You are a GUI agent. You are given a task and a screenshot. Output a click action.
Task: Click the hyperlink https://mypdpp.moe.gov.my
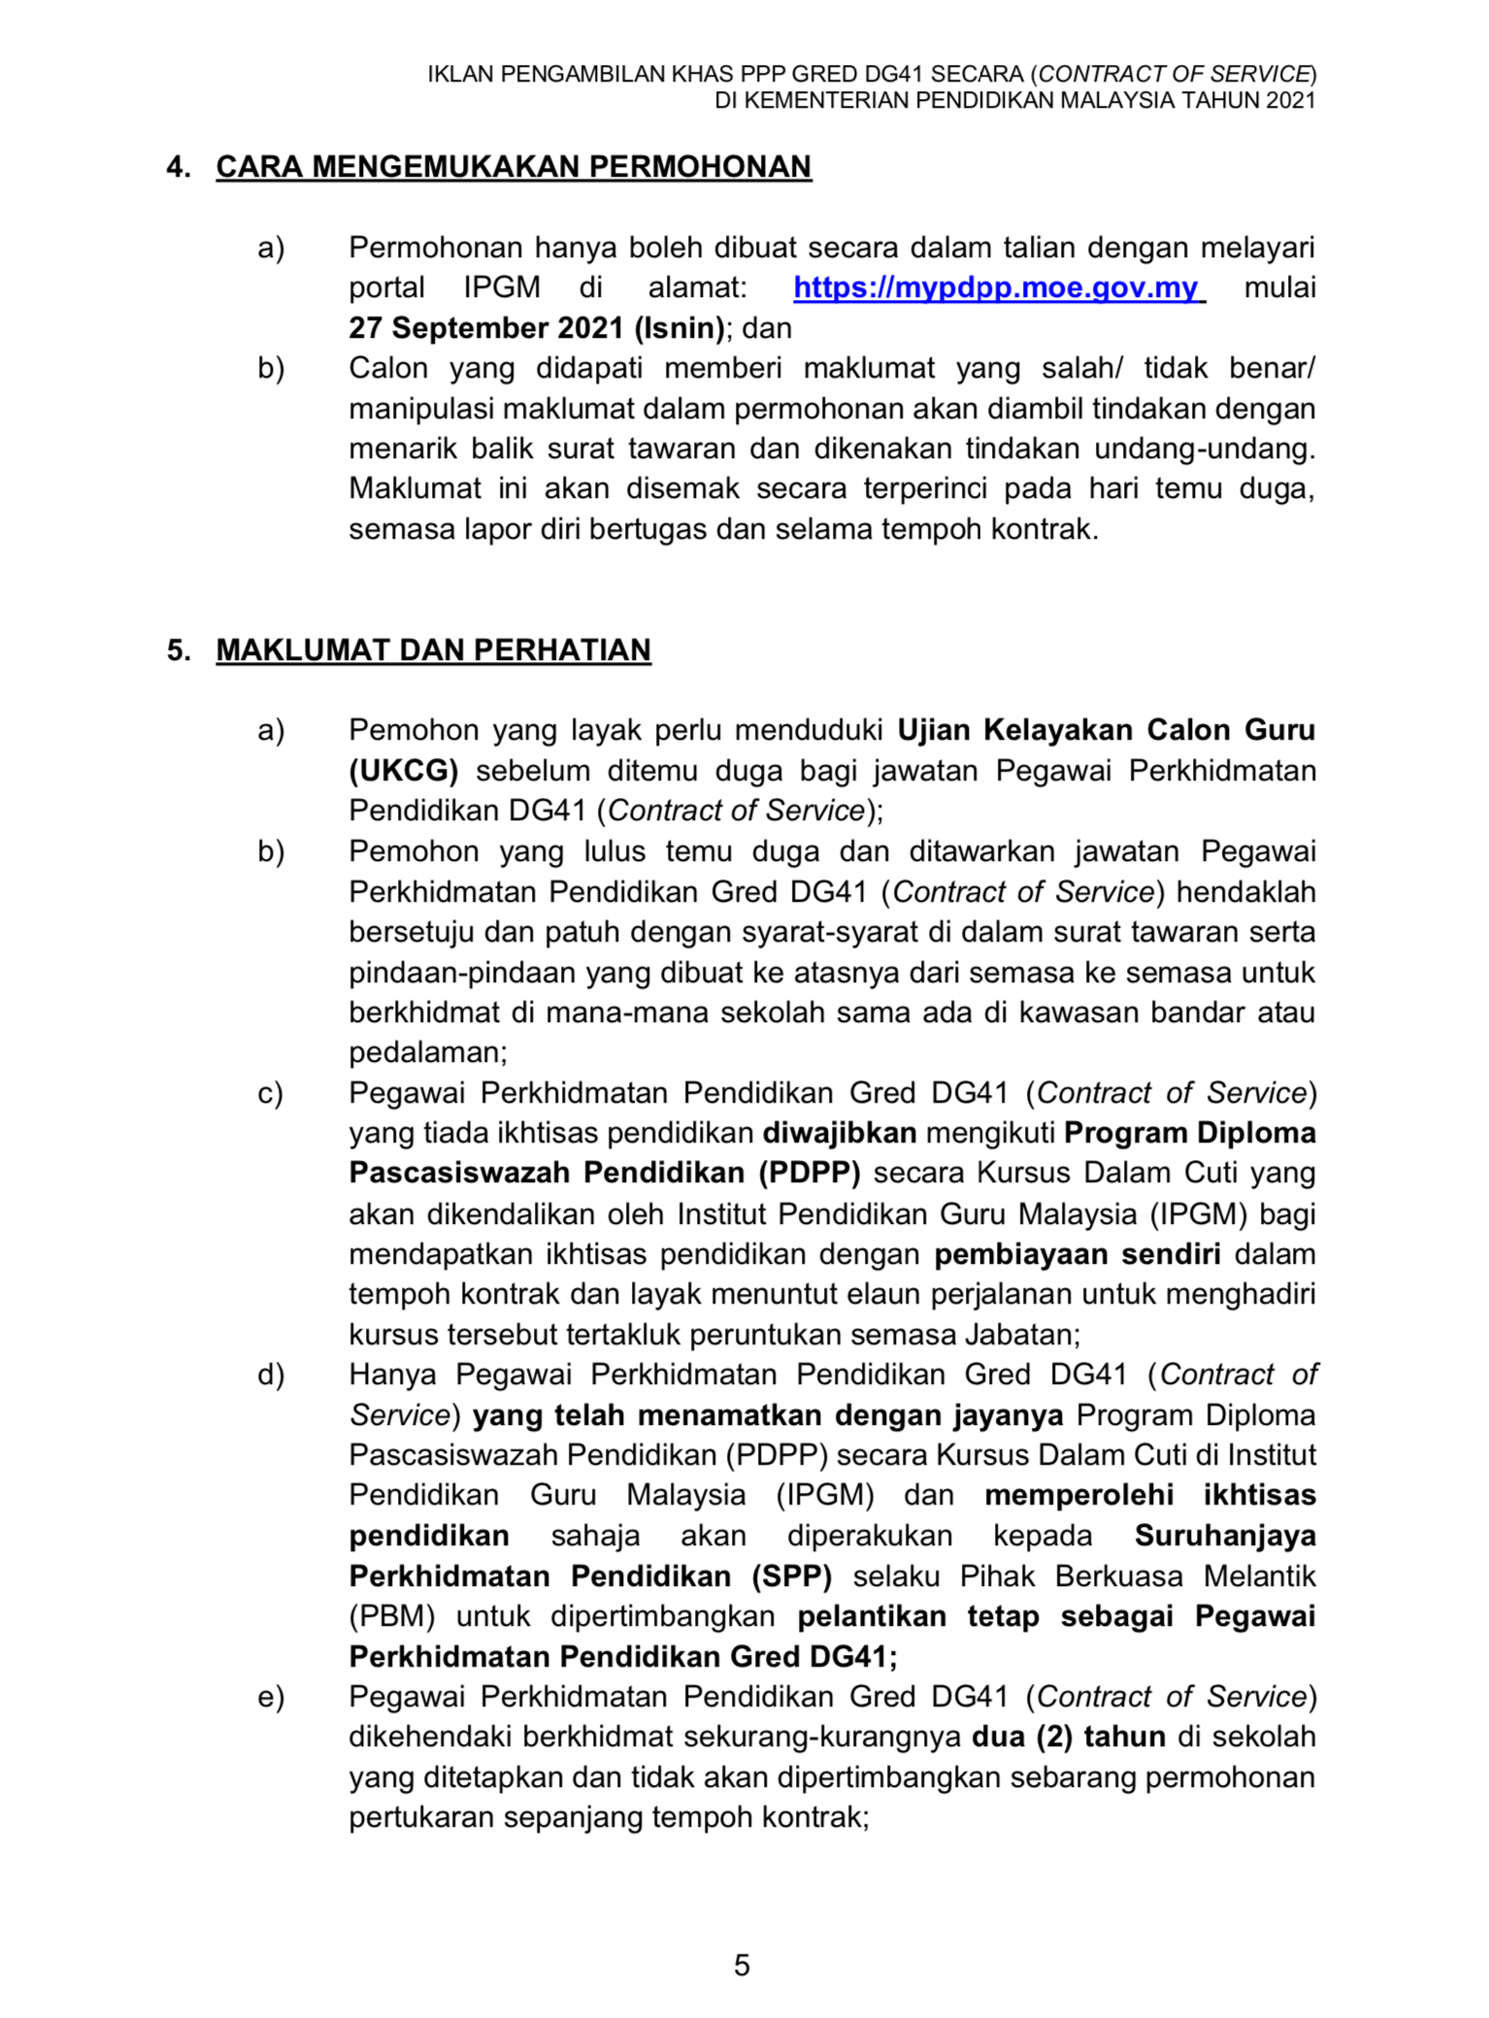point(996,288)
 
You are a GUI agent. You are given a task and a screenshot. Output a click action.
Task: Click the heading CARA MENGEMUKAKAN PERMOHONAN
point(513,167)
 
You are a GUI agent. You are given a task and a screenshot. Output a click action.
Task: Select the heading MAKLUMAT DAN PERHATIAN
point(433,650)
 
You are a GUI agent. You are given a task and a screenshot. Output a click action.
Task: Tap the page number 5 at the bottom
point(743,1966)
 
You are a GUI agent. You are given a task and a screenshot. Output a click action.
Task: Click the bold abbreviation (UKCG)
point(404,771)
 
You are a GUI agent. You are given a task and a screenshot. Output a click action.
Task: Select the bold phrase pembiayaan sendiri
point(1077,1254)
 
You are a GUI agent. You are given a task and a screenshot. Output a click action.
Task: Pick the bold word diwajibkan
point(840,1133)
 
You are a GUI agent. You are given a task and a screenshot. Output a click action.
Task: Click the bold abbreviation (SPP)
point(792,1576)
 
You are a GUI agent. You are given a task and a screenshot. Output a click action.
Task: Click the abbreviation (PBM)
point(392,1616)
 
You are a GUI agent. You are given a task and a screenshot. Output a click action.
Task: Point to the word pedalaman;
point(428,1052)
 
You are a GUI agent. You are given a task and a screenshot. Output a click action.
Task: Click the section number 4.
point(178,167)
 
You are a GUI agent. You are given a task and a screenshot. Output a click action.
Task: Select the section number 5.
point(178,650)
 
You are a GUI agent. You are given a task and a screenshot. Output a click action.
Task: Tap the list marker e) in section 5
point(271,1697)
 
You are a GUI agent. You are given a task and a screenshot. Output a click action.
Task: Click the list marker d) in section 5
point(271,1374)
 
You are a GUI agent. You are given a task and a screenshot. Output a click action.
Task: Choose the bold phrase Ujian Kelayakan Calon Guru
point(1107,730)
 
